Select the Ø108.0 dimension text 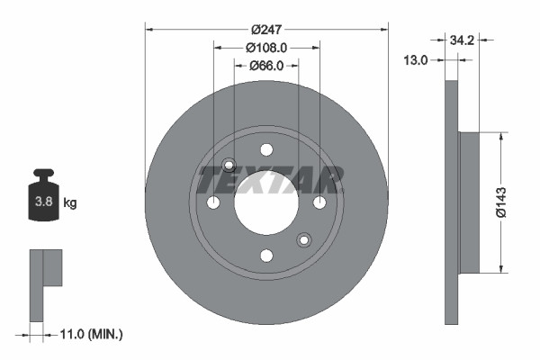(266, 47)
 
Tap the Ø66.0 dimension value (266, 65)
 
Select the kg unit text (70, 203)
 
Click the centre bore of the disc (266, 202)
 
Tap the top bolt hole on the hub (266, 150)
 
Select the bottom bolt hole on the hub (266, 256)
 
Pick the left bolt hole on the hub (213, 202)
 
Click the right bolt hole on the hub (319, 202)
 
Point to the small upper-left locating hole (229, 166)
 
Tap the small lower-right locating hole (303, 239)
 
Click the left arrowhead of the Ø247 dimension (149, 29)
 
